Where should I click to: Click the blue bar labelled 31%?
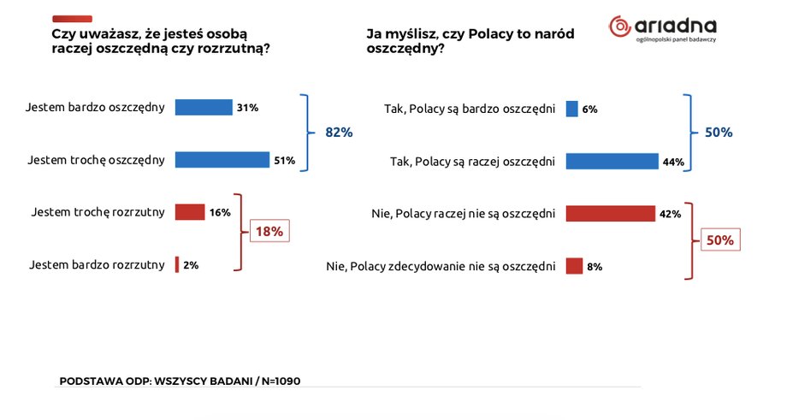(x=204, y=108)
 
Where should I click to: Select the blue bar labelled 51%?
(x=222, y=160)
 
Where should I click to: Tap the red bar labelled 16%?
(x=190, y=212)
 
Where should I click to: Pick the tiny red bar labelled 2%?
(x=177, y=265)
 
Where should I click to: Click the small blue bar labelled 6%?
(x=571, y=109)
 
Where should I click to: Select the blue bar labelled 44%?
(x=612, y=161)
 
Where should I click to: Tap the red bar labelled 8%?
(x=574, y=266)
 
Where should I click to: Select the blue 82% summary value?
(x=339, y=133)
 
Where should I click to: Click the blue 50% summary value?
(x=719, y=133)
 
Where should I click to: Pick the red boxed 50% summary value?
(x=720, y=240)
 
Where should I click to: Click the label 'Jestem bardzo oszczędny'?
(x=95, y=109)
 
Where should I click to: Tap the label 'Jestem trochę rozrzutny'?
(x=97, y=212)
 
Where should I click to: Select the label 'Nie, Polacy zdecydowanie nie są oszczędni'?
(x=441, y=266)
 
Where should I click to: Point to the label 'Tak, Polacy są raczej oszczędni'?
(x=472, y=161)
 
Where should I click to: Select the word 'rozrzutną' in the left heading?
(x=231, y=49)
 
